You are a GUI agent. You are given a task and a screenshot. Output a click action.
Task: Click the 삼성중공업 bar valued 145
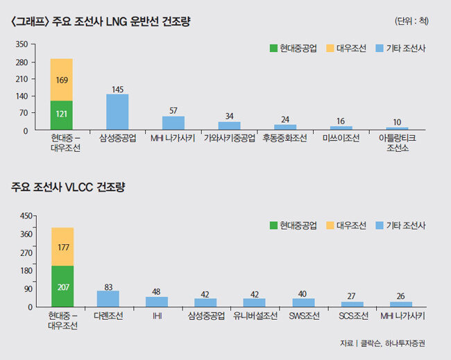point(117,112)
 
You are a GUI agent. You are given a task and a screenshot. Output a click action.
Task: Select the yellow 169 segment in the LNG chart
point(62,80)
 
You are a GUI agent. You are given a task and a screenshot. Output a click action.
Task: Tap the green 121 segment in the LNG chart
point(62,115)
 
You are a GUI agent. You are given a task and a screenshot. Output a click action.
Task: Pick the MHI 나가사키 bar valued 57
point(173,123)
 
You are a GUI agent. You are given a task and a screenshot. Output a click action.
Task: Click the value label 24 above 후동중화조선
point(285,119)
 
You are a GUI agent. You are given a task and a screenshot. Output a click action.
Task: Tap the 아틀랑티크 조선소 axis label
point(398,144)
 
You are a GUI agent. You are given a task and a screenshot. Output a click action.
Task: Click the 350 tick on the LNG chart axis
point(21,44)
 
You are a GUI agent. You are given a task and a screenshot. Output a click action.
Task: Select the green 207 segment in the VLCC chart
point(62,286)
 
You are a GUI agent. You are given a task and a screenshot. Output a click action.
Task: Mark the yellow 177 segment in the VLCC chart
point(62,247)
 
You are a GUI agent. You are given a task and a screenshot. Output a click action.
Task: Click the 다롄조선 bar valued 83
point(108,299)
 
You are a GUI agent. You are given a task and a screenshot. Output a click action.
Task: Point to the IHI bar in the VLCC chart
point(157,302)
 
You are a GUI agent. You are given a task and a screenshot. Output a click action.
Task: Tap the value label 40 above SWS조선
point(303,293)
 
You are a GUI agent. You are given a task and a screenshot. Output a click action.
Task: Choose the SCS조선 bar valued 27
point(352,305)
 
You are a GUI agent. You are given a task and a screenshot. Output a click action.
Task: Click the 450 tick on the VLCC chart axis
point(21,216)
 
